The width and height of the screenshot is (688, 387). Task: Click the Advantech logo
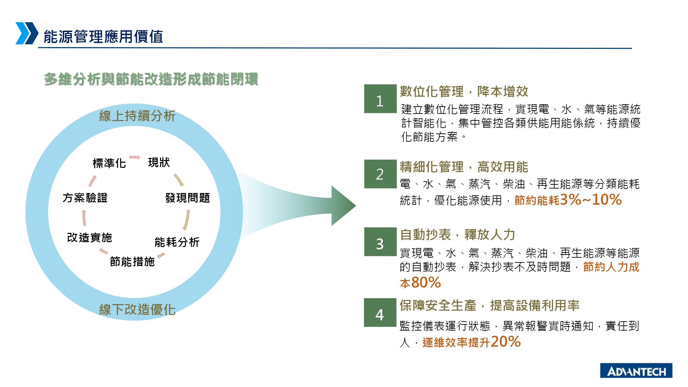[636, 370]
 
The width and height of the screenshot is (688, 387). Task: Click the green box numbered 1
[380, 99]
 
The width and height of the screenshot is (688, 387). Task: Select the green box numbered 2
[380, 174]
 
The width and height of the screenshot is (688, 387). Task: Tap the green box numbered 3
[380, 242]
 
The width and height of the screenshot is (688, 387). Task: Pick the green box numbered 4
[380, 312]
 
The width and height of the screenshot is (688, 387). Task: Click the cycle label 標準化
[109, 163]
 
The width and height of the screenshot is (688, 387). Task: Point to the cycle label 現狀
[159, 162]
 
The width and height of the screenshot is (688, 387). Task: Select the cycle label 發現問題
[187, 198]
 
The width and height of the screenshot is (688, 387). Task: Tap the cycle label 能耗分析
[177, 242]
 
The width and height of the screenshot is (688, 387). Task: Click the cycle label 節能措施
[132, 262]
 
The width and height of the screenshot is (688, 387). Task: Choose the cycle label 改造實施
[89, 237]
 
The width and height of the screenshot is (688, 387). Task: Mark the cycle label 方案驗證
[85, 198]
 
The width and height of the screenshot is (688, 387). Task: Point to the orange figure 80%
[426, 282]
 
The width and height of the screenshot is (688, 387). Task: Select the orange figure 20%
[506, 342]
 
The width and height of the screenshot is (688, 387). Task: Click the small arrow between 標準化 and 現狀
[135, 158]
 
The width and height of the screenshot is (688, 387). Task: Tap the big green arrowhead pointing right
[343, 206]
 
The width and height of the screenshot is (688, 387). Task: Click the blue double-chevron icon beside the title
[27, 33]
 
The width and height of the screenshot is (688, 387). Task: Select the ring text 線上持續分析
[137, 116]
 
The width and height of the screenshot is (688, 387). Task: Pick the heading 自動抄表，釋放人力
[458, 235]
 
